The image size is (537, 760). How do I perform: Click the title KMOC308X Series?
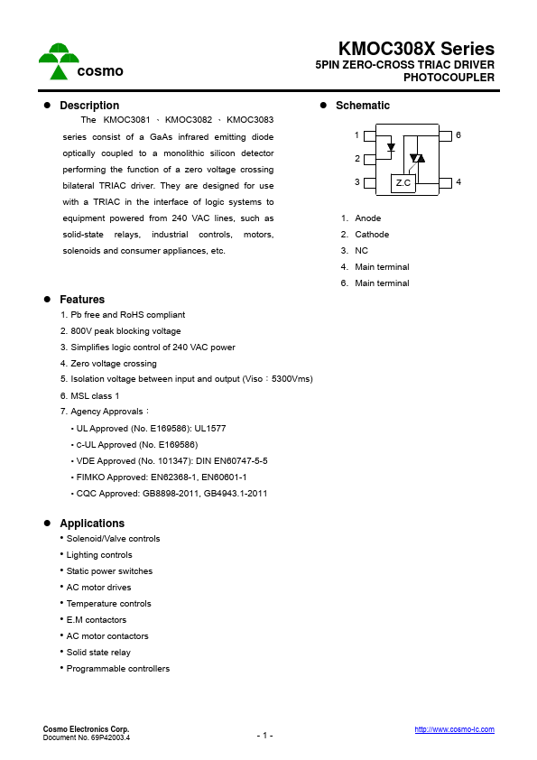point(416,49)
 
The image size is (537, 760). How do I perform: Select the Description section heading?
point(88,106)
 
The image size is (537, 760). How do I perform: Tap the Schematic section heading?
point(362,106)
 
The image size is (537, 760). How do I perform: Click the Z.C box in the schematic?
point(403,182)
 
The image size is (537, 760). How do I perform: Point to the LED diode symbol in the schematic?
point(390,146)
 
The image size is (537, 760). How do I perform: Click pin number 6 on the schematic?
point(458,135)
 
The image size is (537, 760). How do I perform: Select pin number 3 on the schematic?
point(357,182)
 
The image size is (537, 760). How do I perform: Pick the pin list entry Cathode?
point(371,235)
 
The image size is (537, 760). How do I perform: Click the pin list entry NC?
point(361,251)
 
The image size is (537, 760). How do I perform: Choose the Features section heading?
point(82,300)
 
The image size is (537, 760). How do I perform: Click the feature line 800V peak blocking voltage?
point(120,331)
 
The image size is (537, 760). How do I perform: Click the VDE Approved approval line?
point(168,461)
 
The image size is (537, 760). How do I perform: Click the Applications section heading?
point(92,524)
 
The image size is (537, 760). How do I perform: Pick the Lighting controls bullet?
point(99,555)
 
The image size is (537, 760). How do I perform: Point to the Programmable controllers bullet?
point(117,669)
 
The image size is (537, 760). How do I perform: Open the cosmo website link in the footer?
point(454,729)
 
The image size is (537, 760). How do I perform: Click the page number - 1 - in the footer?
point(264,736)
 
